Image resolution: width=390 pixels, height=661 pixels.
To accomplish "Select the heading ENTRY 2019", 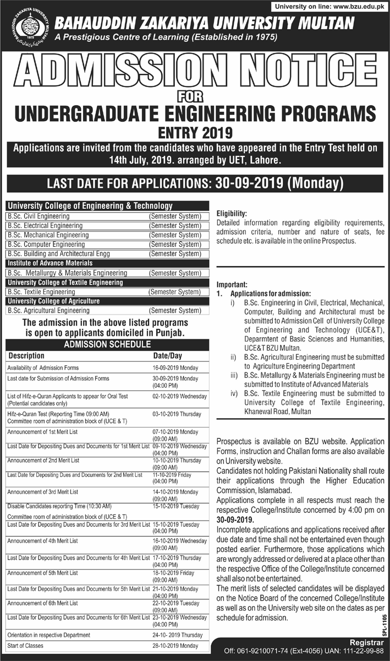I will pyautogui.click(x=195, y=132).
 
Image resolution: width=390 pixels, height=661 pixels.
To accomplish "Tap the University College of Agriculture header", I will pyautogui.click(x=53, y=301).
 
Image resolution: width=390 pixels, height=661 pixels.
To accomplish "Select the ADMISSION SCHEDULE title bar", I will pyautogui.click(x=107, y=344).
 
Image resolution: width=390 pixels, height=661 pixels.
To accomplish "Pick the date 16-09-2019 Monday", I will pyautogui.click(x=175, y=367).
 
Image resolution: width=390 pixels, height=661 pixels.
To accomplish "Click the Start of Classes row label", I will pyautogui.click(x=25, y=646).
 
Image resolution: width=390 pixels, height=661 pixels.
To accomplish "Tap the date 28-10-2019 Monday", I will pyautogui.click(x=175, y=646).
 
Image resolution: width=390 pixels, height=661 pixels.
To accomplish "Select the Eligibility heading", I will pyautogui.click(x=232, y=213).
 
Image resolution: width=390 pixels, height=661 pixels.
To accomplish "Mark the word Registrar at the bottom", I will pyautogui.click(x=366, y=642).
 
